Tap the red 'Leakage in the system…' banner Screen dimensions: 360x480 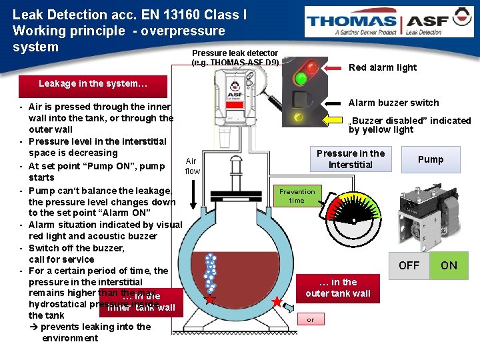(x=93, y=84)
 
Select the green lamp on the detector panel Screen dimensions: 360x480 (x=301, y=79)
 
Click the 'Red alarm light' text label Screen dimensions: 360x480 (x=383, y=67)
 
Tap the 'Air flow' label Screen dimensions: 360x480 (x=192, y=166)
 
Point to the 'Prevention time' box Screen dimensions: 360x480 (x=297, y=196)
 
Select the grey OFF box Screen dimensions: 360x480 (x=409, y=265)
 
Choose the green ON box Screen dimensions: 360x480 (x=449, y=265)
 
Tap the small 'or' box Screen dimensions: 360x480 (x=310, y=320)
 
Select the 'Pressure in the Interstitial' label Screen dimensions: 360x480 (x=351, y=159)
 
